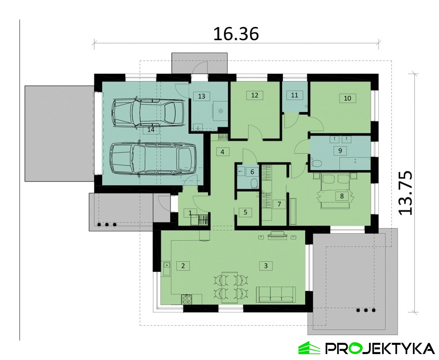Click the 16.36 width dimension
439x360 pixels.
[x=236, y=34]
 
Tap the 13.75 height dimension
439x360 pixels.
[x=405, y=193]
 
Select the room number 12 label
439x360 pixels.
[x=255, y=95]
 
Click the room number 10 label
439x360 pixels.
[x=348, y=98]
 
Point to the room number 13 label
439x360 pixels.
[x=202, y=96]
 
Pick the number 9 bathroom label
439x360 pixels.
[x=340, y=151]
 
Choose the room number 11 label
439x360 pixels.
[x=294, y=95]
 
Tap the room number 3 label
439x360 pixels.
[x=266, y=266]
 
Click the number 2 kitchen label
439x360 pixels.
[x=183, y=266]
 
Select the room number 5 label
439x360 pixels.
[x=245, y=212]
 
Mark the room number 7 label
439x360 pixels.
[x=279, y=204]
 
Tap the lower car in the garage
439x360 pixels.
[x=153, y=159]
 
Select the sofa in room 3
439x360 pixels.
[x=276, y=294]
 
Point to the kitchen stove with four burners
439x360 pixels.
[x=187, y=299]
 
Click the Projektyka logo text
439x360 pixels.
[x=380, y=349]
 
